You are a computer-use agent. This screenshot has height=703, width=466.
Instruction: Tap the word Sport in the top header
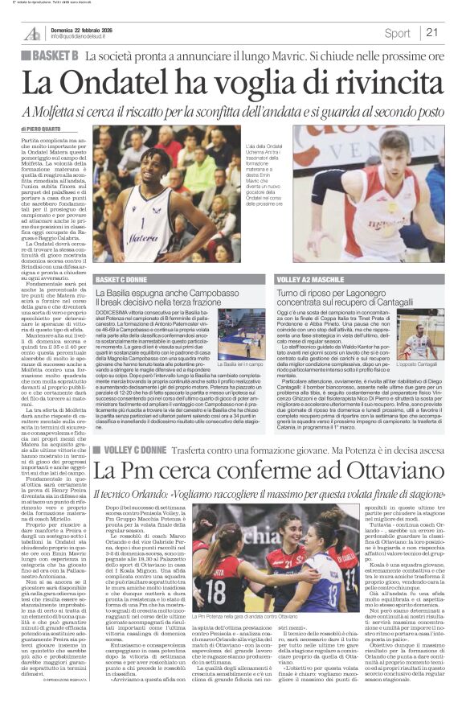point(397,33)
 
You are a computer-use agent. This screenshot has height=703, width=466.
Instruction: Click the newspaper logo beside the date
point(31,33)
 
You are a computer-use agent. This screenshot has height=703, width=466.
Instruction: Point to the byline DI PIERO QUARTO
point(39,129)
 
